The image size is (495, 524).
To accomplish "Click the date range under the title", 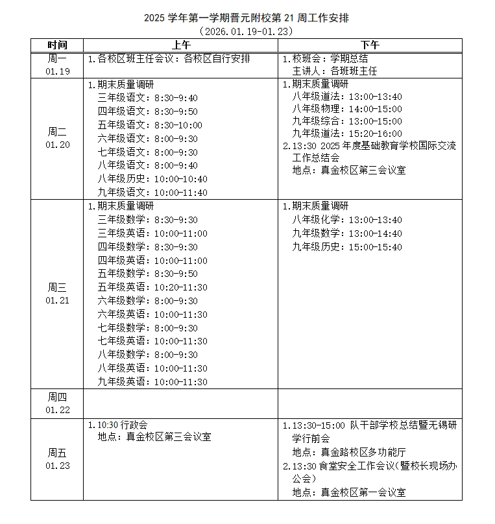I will click(x=247, y=31).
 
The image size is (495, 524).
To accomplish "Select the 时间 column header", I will click(x=57, y=45).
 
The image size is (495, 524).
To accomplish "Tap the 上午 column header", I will click(x=180, y=45).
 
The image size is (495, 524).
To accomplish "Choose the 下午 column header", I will click(x=370, y=45).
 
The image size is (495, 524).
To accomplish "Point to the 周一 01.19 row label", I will click(x=57, y=65).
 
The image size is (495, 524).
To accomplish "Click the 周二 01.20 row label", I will click(x=57, y=138).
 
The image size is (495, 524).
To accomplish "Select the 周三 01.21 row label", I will click(x=57, y=294).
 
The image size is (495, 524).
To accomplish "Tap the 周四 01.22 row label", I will click(x=57, y=403).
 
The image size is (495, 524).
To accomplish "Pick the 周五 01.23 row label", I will click(x=57, y=459).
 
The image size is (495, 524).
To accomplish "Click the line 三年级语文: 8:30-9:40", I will click(x=147, y=98).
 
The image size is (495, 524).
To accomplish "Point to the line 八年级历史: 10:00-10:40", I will click(x=152, y=179).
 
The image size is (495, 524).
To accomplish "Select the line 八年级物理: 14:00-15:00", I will click(x=347, y=110).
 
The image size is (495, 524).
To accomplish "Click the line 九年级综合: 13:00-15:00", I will click(x=347, y=121).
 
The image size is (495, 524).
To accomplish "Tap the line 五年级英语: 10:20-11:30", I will click(x=152, y=287).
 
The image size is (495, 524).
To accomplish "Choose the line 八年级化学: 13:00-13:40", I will click(x=347, y=220).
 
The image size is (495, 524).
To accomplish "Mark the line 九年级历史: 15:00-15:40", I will click(x=347, y=247).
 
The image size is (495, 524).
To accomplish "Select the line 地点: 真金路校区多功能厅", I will click(x=349, y=452).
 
